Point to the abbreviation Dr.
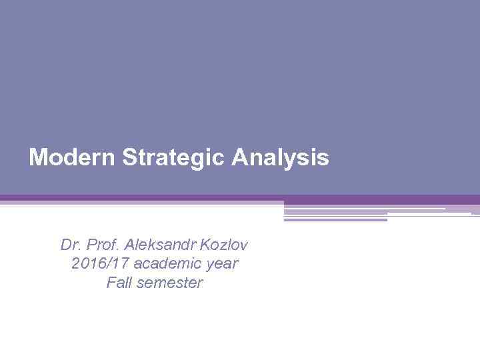pyautogui.click(x=69, y=245)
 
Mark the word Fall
pyautogui.click(x=118, y=283)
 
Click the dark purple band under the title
pyautogui.click(x=240, y=198)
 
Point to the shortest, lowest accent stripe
pyautogui.click(x=335, y=219)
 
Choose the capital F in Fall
pyautogui.click(x=110, y=283)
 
